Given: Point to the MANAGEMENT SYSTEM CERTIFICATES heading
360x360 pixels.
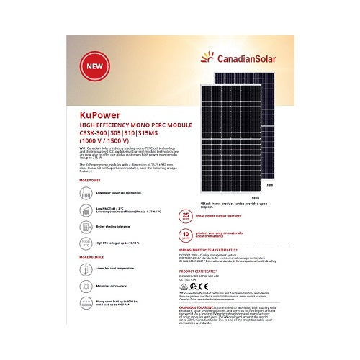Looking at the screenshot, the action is click(212, 248).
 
